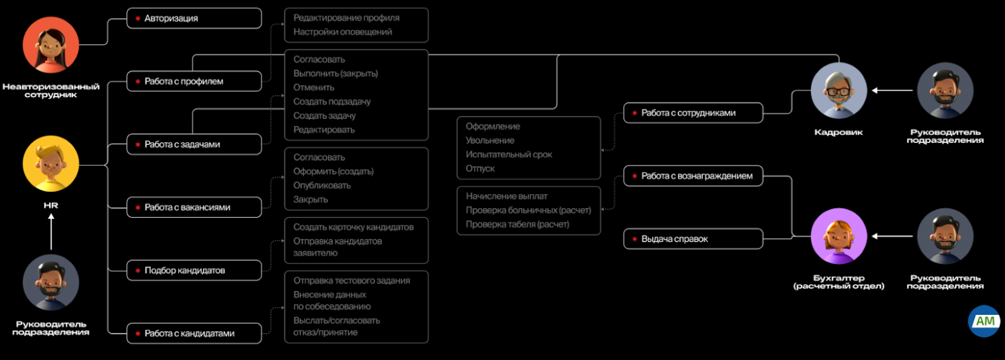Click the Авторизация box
tap(194, 19)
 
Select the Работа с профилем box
tap(194, 82)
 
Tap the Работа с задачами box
tap(194, 144)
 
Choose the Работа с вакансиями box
tap(194, 207)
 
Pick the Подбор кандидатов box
tap(194, 270)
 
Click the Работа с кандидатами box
tap(194, 334)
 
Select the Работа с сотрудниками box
tap(693, 113)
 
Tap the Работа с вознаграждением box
tap(693, 176)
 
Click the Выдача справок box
tap(693, 239)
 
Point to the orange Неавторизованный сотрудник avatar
tap(50, 45)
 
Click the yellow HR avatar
tap(50, 164)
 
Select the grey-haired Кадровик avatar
tap(839, 91)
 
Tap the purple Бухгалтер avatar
tap(839, 236)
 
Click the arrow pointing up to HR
tap(51, 231)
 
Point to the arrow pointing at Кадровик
tap(892, 91)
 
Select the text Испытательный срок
tap(509, 155)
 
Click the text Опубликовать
tap(322, 185)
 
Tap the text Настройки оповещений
tap(343, 32)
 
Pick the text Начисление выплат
tap(506, 196)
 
